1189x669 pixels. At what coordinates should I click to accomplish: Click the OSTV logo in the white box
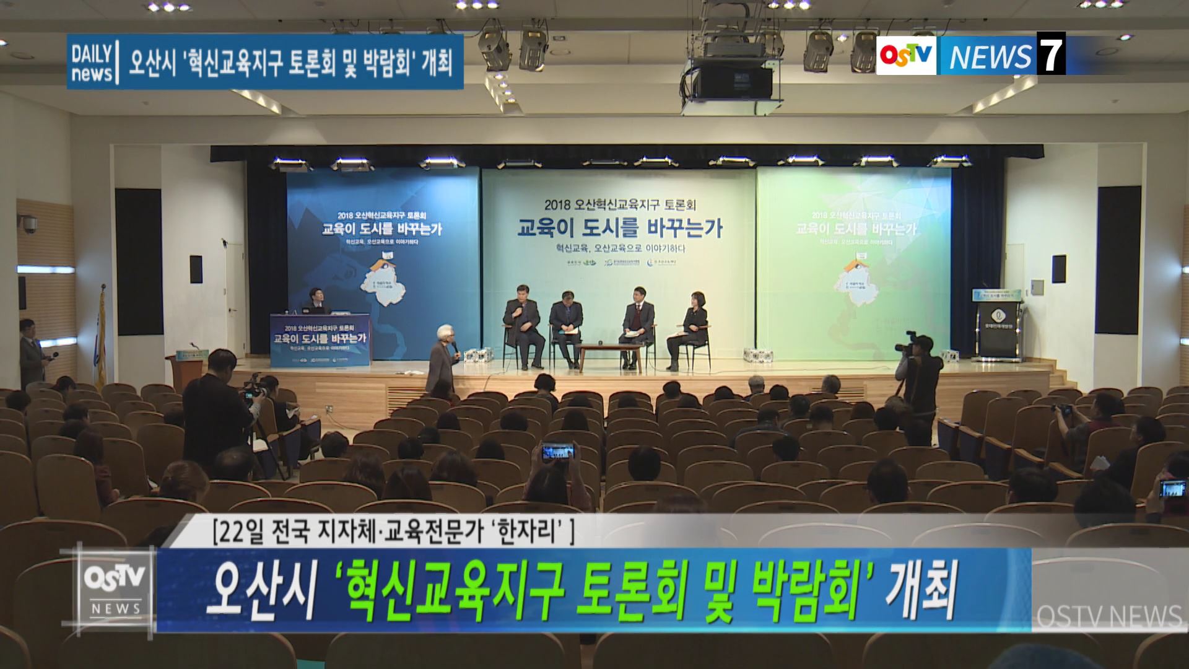tap(906, 56)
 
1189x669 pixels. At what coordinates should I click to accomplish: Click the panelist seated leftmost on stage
tap(521, 322)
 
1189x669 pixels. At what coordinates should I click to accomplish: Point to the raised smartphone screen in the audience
tap(557, 452)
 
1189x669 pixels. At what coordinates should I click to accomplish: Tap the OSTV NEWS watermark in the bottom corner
tap(1108, 616)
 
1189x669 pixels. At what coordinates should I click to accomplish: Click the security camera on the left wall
tap(28, 224)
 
